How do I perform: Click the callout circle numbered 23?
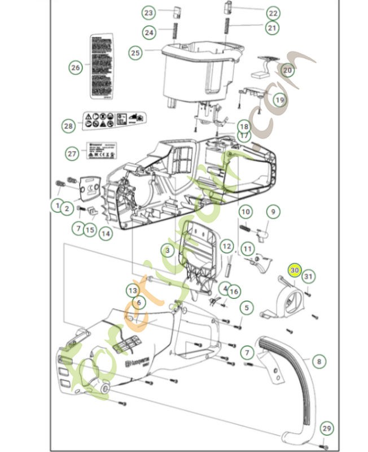point(148,12)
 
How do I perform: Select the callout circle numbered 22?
point(273,12)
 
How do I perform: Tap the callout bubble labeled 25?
point(135,53)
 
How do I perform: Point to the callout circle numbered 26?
point(76,68)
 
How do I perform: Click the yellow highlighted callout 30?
point(294,271)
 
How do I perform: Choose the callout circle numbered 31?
point(308,276)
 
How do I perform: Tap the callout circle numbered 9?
point(273,212)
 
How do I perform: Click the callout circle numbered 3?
point(167,249)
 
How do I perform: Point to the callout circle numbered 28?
point(69,125)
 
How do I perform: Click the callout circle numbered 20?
point(287,71)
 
